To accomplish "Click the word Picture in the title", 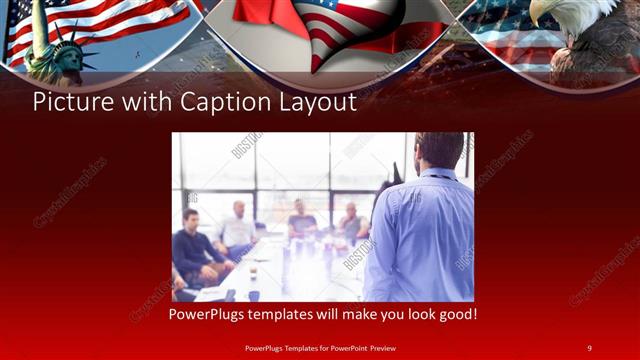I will click(68, 102).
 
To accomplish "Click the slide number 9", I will click(590, 347).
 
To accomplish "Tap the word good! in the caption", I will click(455, 315).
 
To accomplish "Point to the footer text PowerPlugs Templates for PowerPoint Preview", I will click(319, 347).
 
